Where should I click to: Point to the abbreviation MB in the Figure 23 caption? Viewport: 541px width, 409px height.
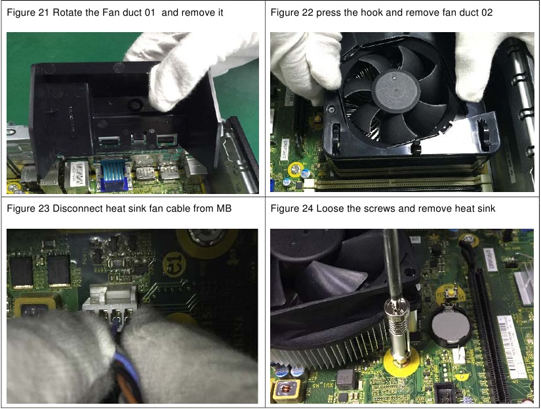pos(224,209)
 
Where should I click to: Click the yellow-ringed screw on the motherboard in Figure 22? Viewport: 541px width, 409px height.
pos(296,170)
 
